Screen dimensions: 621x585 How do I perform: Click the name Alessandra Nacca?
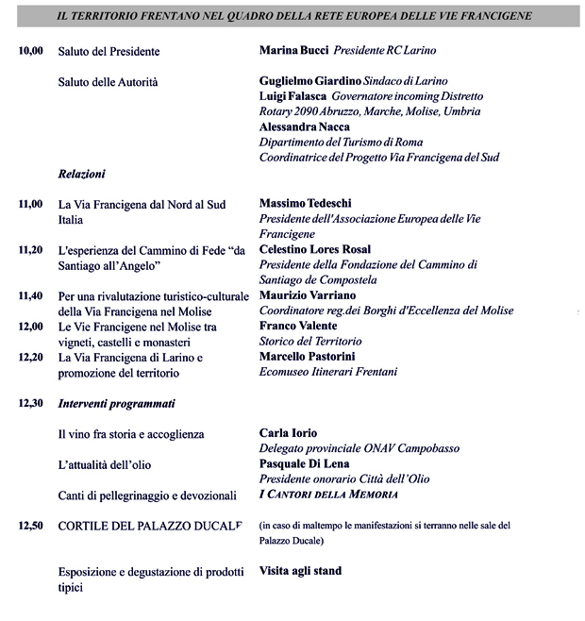(x=304, y=126)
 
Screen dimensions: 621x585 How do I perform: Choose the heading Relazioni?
(x=81, y=175)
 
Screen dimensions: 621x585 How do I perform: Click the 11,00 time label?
(x=31, y=204)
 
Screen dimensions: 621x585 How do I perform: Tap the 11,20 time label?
(x=31, y=250)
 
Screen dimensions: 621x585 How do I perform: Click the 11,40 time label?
(x=31, y=295)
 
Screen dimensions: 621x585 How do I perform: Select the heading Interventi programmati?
(x=117, y=404)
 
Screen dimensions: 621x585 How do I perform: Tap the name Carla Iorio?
(x=288, y=433)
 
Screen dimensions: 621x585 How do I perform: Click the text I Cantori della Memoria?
(x=327, y=495)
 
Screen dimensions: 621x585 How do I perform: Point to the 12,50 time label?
(x=31, y=525)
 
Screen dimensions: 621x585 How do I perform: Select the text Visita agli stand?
(x=300, y=571)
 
